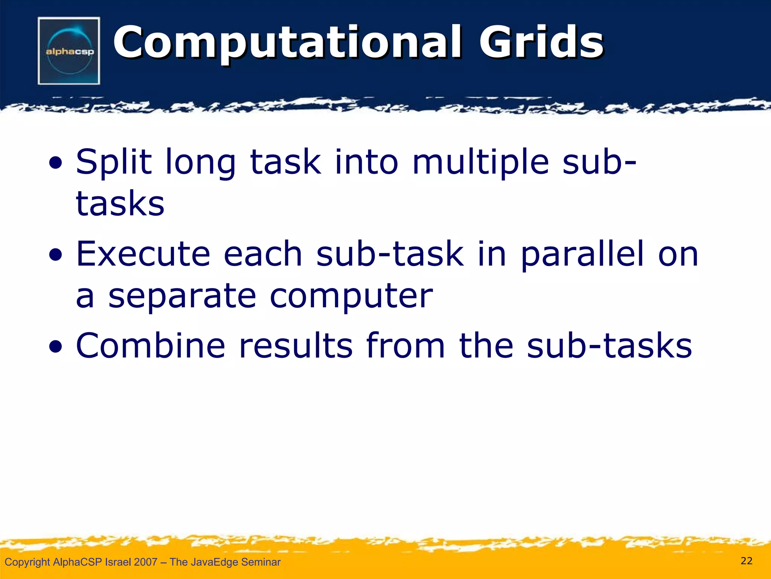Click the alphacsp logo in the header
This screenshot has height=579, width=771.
(69, 51)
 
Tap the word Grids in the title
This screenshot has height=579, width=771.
(541, 43)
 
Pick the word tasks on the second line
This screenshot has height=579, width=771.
(120, 204)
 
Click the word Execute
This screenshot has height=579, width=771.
(143, 254)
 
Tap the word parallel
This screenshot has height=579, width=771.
(582, 254)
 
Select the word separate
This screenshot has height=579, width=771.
(182, 296)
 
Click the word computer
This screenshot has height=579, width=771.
(351, 296)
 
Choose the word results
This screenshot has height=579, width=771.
(296, 346)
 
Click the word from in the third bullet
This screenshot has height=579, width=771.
(405, 346)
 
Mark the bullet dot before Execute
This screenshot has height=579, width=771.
(56, 256)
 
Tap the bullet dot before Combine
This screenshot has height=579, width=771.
(56, 348)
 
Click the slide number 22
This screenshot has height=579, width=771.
(746, 561)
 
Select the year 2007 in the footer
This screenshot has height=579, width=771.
(145, 562)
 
